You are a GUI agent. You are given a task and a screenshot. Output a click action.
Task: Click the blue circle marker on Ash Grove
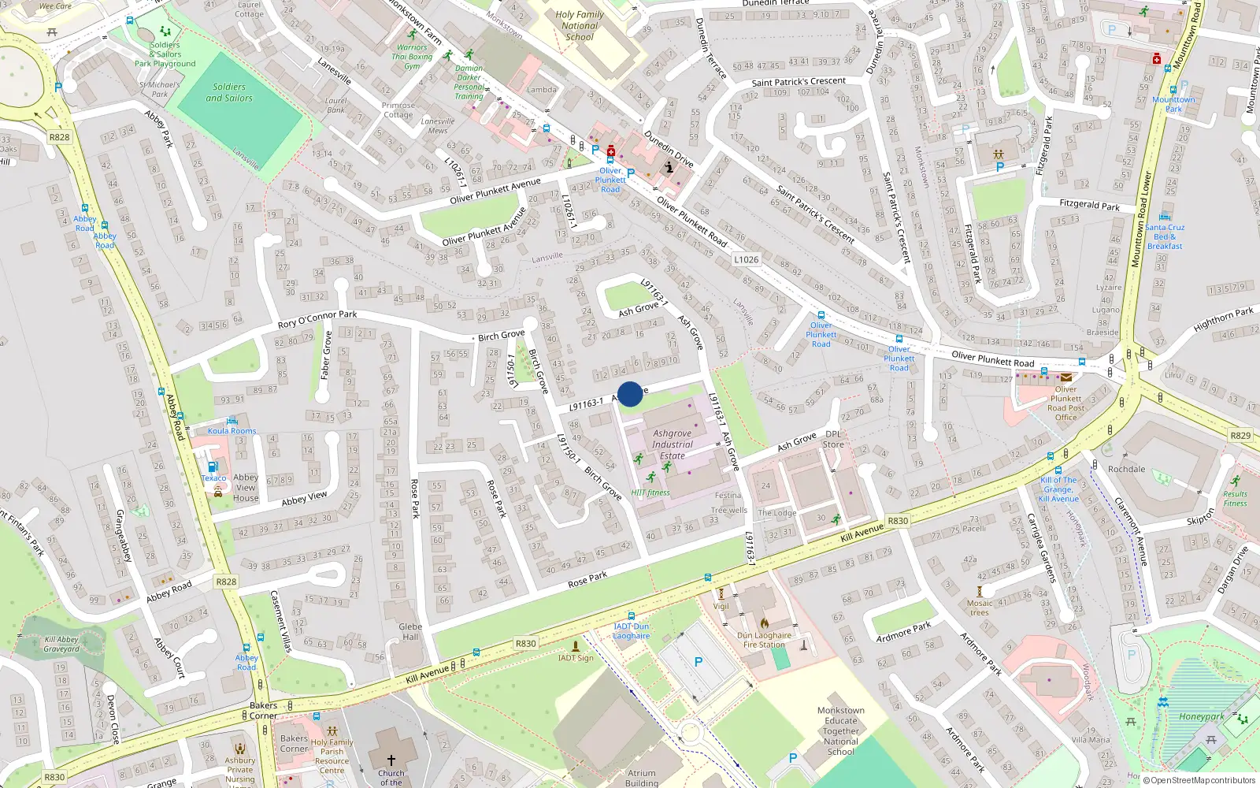tap(630, 394)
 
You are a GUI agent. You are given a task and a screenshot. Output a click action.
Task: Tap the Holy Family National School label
tap(580, 26)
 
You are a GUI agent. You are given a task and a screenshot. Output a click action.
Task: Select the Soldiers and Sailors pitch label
tap(229, 93)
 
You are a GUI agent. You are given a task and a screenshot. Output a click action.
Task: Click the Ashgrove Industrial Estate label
tap(672, 444)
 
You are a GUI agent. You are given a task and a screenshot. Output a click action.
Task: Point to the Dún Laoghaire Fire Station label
tap(764, 640)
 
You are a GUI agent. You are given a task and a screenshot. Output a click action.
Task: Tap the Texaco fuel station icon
tap(212, 466)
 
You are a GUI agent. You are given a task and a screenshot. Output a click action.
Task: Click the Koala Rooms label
tap(232, 431)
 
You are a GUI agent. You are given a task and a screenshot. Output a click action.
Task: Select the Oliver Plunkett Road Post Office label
tap(1065, 403)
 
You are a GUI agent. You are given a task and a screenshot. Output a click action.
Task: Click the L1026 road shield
tap(746, 259)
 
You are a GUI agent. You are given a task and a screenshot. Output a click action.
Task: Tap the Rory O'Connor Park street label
tap(317, 319)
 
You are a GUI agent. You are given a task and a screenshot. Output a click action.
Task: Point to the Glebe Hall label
tap(410, 632)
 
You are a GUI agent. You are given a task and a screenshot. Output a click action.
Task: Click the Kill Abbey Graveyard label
tap(61, 645)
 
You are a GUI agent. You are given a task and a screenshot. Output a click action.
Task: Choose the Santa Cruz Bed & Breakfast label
tap(1165, 236)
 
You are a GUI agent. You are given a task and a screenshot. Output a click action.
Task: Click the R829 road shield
tap(1240, 435)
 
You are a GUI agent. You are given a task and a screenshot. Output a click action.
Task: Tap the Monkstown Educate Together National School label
tap(840, 730)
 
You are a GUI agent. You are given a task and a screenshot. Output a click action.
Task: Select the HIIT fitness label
tap(650, 492)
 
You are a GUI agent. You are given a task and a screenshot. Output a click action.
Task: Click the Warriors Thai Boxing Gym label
tap(412, 57)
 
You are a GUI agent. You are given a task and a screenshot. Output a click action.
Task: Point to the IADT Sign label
tap(576, 658)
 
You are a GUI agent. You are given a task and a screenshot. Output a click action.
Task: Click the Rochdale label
tap(1126, 469)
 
